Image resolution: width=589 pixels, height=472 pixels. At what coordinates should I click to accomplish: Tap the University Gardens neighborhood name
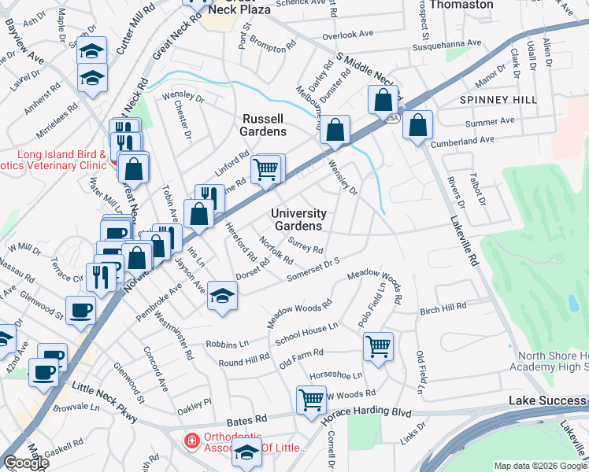(298, 219)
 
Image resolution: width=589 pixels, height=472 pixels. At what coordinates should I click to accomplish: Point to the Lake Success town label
(547, 401)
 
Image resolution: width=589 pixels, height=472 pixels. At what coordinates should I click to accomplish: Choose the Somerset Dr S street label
(313, 267)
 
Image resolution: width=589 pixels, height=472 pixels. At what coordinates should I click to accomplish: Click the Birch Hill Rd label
(443, 306)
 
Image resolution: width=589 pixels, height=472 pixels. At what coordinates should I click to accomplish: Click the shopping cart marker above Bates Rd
(311, 399)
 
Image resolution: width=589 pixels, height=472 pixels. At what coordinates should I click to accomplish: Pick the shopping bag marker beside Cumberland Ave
(417, 124)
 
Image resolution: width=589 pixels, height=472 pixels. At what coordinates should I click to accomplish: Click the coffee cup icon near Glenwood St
(80, 310)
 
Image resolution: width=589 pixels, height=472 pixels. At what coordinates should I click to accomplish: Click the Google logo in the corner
(26, 463)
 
